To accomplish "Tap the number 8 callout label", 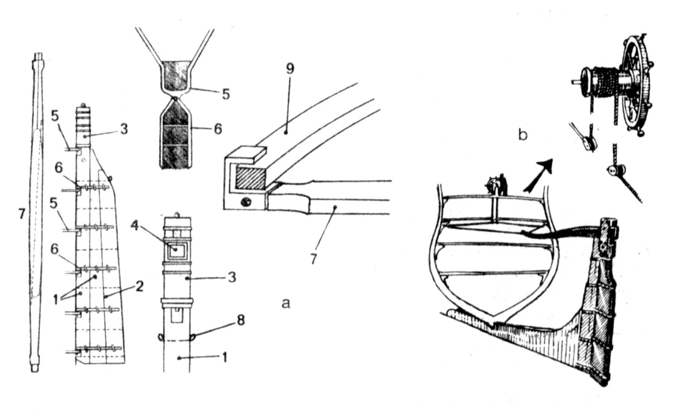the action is [x=241, y=321].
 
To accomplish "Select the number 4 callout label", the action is [x=136, y=225].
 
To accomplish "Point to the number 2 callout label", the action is [x=139, y=287].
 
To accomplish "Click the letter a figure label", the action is [x=286, y=303].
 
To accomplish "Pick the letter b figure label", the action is [x=523, y=135].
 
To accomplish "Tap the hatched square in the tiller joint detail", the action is [x=250, y=179].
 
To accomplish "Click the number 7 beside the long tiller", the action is [x=21, y=214].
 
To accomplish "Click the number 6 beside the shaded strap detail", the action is [x=218, y=129].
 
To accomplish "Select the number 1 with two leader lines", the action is [x=56, y=300].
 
